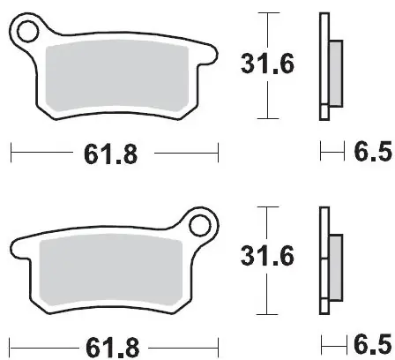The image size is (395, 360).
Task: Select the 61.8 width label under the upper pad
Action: [112, 155]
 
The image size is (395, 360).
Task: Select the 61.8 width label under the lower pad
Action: [112, 344]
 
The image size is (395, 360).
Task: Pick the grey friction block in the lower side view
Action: [336, 267]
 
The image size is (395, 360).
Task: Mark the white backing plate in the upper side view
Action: [324, 66]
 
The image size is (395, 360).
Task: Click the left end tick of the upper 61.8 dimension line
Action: [11, 155]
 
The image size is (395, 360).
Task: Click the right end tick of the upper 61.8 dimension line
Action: [217, 155]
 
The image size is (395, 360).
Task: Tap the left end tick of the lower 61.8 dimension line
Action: [11, 344]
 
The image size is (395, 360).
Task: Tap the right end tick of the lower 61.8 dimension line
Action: [217, 344]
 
